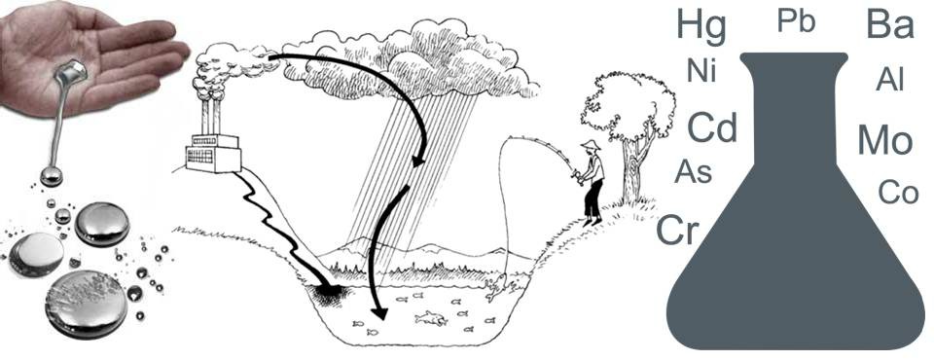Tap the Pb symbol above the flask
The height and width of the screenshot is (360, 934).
796,20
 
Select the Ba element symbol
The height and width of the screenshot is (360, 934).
890,24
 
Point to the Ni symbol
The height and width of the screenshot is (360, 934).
701,70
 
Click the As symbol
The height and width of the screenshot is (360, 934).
694,172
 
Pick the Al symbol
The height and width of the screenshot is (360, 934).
890,79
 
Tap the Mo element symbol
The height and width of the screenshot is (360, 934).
885,141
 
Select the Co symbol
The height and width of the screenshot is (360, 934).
898,192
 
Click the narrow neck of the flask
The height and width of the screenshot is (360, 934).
795,107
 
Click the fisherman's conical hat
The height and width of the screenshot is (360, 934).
592,144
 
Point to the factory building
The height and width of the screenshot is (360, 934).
213,152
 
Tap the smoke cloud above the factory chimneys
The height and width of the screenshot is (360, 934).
230,65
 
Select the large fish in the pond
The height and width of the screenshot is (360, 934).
431,319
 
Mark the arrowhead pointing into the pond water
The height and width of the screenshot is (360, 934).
378,312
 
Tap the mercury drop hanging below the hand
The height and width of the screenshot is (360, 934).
51,176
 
